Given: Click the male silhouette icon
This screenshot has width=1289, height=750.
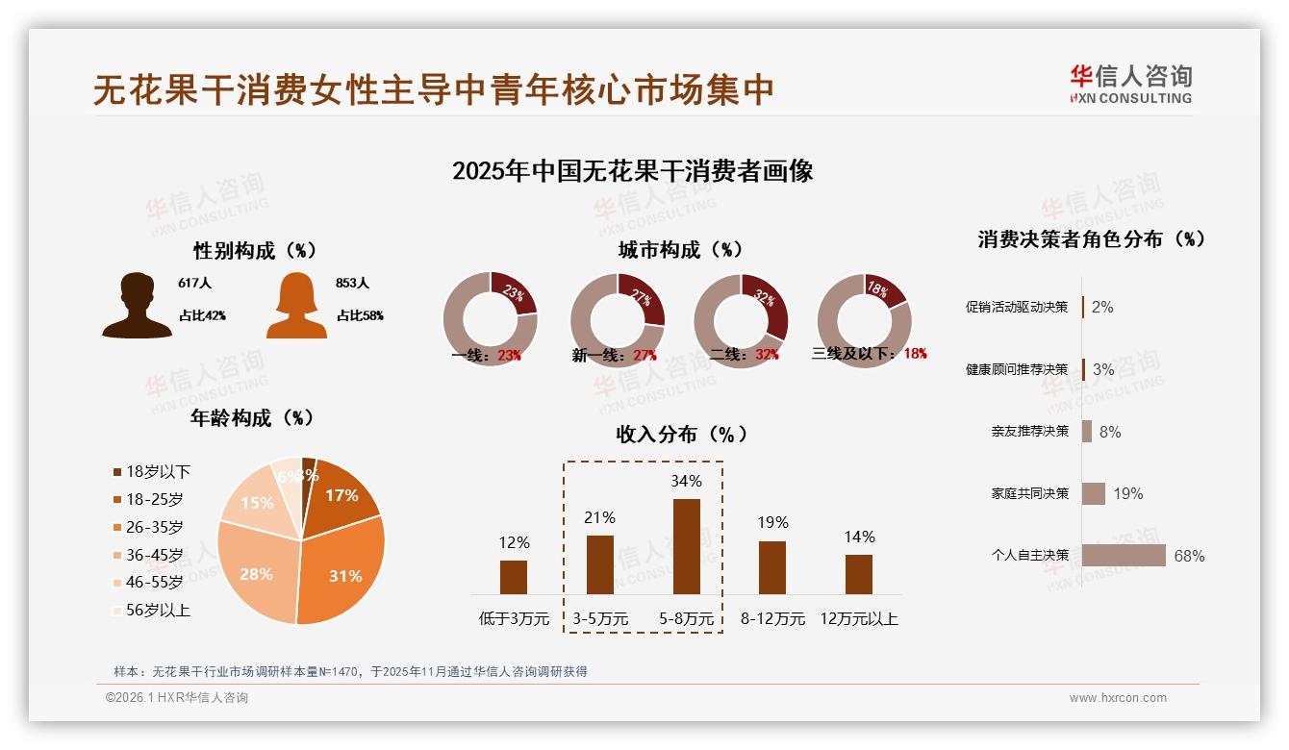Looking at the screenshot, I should coord(138,306).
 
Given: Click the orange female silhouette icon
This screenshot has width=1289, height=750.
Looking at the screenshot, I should coord(296,306).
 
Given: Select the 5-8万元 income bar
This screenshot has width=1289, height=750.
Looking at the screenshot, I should coord(686,546).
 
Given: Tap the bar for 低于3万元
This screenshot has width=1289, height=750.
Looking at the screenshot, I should coord(514,577).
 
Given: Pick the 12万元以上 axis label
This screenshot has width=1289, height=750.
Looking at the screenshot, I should coord(858,619).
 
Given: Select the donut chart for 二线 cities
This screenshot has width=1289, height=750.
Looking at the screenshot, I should coord(741,320).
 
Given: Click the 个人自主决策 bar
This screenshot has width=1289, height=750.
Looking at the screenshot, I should coord(1124,556).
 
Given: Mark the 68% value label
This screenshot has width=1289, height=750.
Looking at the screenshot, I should coord(1189,556).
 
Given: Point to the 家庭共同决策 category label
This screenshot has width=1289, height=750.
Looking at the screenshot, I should coord(1029,493).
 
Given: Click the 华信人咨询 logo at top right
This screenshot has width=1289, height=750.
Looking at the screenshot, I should coord(1130,84).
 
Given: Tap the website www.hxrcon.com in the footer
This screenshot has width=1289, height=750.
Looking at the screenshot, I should coord(1118,698).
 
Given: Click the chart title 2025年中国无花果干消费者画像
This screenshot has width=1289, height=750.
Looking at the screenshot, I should coord(632,171).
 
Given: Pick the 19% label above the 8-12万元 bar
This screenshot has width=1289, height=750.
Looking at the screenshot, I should coord(771,522).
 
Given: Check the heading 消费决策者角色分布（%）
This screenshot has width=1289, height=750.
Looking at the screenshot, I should coord(1092,239).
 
